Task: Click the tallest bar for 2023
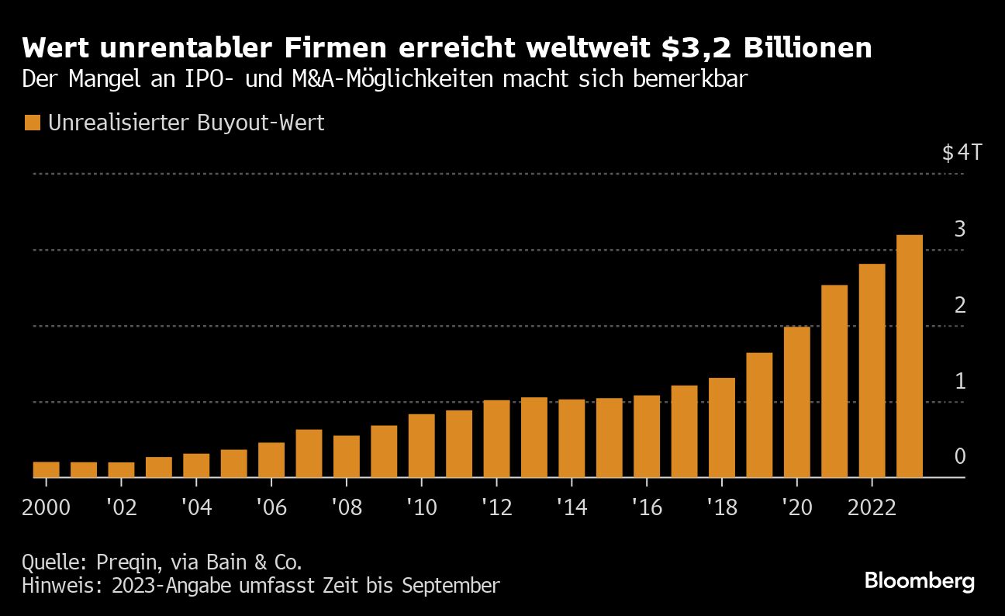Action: [910, 356]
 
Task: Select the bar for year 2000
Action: [47, 469]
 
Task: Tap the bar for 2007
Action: [309, 453]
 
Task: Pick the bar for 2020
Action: [796, 402]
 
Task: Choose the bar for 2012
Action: [496, 438]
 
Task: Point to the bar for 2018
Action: [721, 427]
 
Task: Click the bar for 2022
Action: [872, 371]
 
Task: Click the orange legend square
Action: [33, 123]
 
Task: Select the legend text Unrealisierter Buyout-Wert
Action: [186, 123]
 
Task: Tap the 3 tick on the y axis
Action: [959, 229]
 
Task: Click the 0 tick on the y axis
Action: [959, 456]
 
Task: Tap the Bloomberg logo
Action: [919, 581]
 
